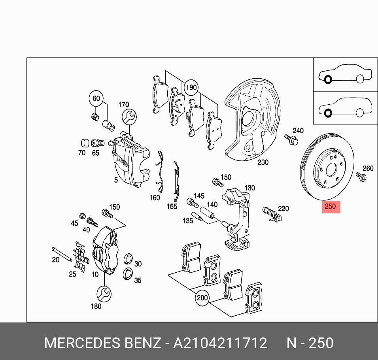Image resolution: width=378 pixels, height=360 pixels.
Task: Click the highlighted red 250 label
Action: (x=330, y=206)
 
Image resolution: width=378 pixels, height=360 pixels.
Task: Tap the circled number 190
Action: (x=191, y=87)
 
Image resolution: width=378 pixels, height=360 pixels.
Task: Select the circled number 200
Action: (x=202, y=298)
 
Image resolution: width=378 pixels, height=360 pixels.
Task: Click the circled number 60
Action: (x=96, y=98)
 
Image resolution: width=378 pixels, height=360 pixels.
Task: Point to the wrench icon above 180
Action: (x=104, y=293)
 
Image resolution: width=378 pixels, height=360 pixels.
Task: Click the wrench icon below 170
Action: (x=129, y=117)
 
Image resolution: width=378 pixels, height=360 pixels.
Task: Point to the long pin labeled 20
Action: (x=61, y=254)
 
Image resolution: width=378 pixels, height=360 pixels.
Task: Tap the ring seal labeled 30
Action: (x=129, y=260)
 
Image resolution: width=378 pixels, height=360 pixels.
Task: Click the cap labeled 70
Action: (x=84, y=143)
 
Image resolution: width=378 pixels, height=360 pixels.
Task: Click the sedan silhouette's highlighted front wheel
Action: (x=327, y=80)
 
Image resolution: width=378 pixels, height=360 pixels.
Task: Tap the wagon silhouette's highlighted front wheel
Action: (x=327, y=113)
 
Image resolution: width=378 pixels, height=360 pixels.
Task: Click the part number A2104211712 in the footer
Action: (x=220, y=343)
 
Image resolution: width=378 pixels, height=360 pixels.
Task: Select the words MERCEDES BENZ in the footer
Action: (x=102, y=343)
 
